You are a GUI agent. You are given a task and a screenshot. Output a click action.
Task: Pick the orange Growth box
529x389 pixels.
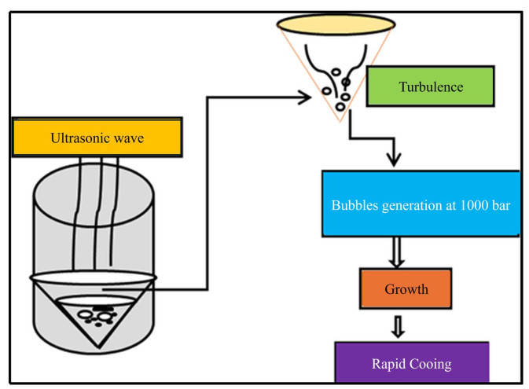406,288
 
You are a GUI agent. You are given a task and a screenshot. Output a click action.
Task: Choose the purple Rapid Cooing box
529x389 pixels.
411,363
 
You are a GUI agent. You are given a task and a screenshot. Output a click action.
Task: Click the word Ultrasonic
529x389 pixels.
77,138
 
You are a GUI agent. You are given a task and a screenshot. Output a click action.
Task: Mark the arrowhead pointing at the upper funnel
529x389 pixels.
306,98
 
